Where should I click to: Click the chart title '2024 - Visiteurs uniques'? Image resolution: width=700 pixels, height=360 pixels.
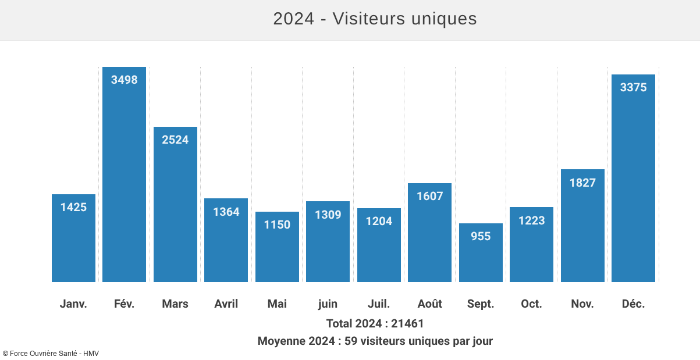tap(375, 19)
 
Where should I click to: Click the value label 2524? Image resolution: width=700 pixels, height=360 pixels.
tap(175, 140)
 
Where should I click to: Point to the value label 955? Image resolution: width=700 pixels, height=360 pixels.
tap(481, 236)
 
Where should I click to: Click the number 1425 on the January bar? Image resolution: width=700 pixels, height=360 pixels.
tap(73, 207)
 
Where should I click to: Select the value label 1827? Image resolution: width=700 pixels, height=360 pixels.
tap(582, 183)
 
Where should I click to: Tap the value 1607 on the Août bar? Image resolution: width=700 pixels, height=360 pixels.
tap(429, 196)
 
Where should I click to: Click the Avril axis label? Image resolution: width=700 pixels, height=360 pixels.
tap(226, 304)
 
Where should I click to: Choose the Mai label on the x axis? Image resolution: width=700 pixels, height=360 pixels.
tap(277, 304)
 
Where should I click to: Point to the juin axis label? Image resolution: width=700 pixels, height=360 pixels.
tap(328, 304)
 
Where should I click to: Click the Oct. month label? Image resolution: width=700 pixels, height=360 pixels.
tap(531, 304)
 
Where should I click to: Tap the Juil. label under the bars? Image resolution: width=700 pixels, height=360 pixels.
tap(379, 304)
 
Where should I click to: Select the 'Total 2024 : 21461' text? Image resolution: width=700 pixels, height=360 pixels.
tap(375, 323)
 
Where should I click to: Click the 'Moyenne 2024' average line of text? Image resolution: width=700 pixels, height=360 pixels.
tap(375, 341)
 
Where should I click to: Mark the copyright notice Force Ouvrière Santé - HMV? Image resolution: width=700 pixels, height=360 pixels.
tap(47, 353)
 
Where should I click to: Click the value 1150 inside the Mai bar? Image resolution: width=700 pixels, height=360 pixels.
tap(277, 224)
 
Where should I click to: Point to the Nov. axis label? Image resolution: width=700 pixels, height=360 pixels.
tap(582, 304)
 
